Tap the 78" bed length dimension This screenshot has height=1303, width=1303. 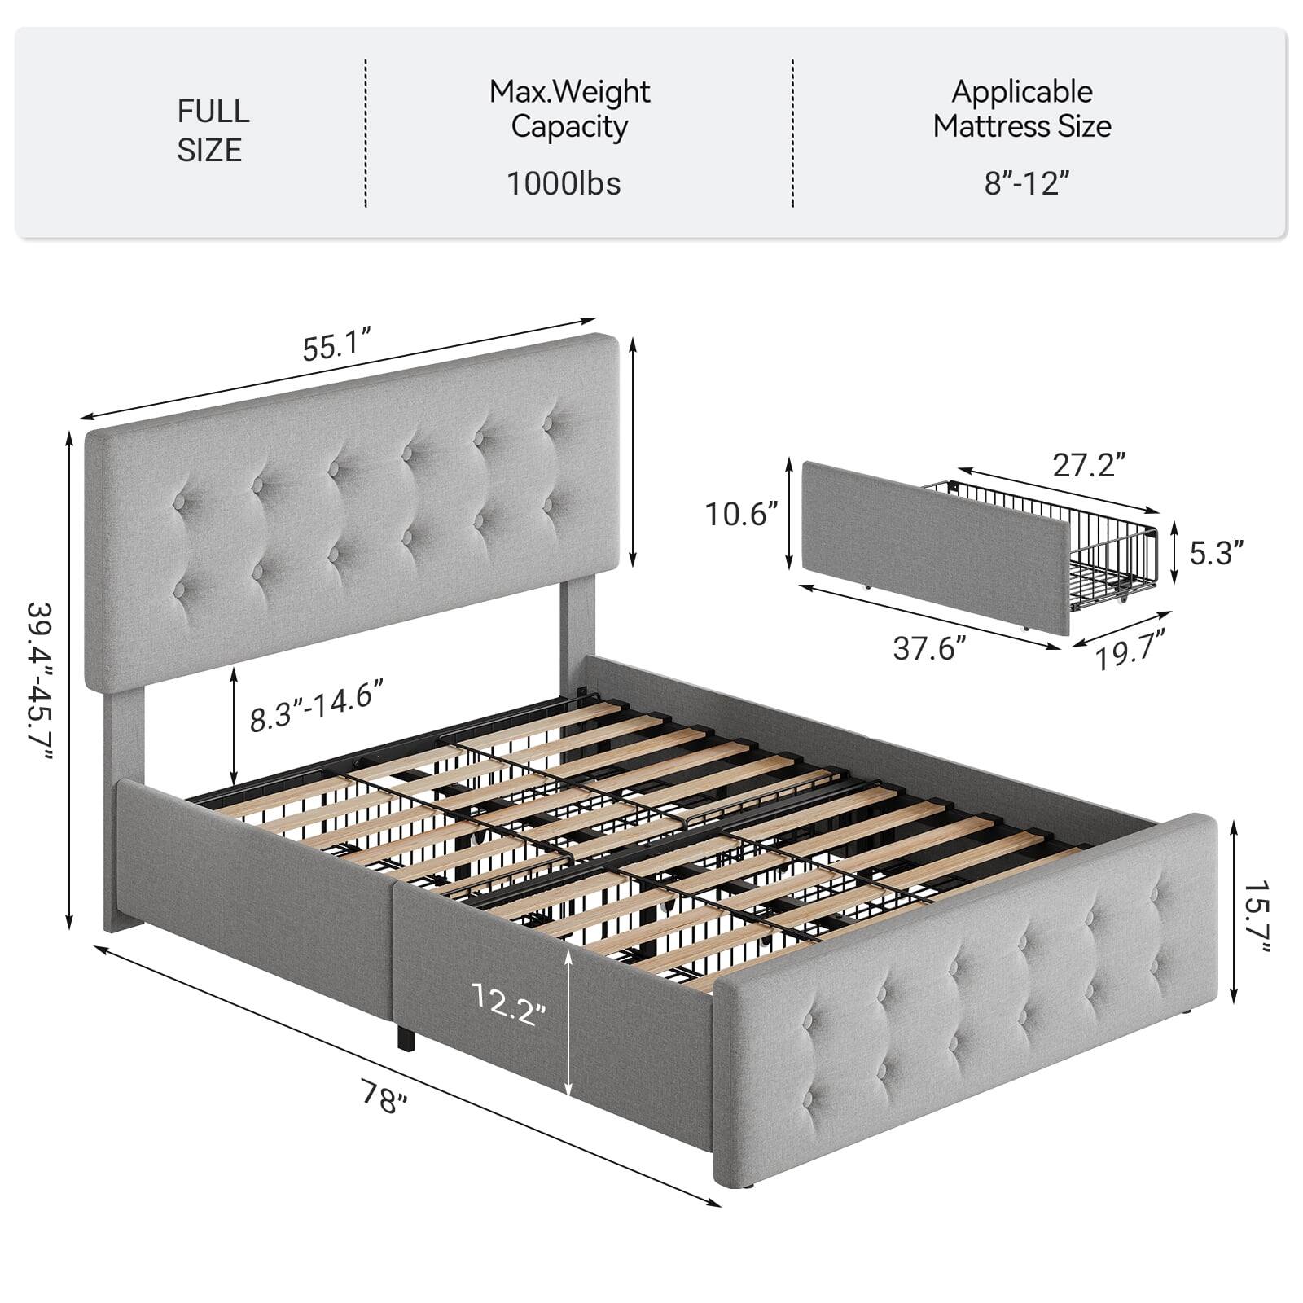click(x=384, y=1099)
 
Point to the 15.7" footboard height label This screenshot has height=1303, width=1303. click(x=1257, y=914)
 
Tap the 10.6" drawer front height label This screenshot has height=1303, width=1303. click(x=741, y=514)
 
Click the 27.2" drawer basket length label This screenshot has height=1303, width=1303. click(x=1089, y=465)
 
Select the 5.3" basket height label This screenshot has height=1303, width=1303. click(x=1217, y=553)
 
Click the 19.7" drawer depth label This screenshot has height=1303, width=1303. click(x=1129, y=651)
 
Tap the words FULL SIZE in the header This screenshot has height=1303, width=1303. click(x=212, y=130)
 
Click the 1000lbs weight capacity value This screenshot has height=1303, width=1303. click(x=564, y=184)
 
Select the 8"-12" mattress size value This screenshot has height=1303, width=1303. click(x=1025, y=183)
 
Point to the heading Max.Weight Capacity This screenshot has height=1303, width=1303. click(x=569, y=109)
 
